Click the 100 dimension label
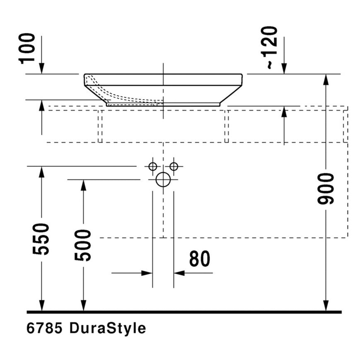tap(27, 48)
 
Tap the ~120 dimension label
tap(269, 48)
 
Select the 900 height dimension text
tap(326, 189)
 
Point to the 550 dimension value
tap(41, 239)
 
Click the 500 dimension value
tap(83, 245)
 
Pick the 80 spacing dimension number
tap(200, 259)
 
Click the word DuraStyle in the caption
tap(108, 329)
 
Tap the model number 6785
tap(44, 328)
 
